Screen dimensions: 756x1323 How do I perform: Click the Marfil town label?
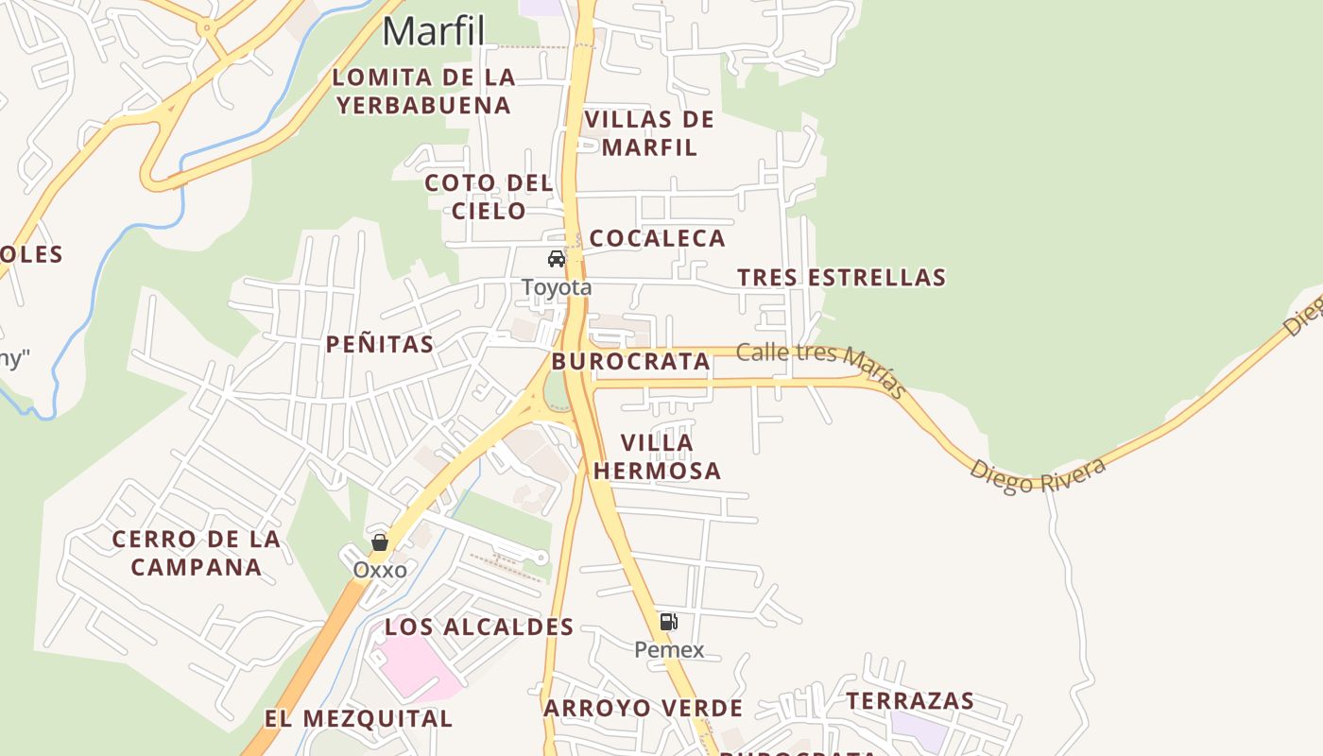click(434, 31)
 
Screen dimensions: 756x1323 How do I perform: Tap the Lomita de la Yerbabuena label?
click(423, 91)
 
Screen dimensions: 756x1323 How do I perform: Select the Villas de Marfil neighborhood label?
click(649, 133)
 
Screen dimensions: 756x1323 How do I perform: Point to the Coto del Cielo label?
click(488, 197)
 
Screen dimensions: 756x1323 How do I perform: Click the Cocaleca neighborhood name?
click(657, 238)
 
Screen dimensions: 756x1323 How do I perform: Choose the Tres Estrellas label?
click(841, 278)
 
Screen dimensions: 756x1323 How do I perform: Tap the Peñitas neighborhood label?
click(380, 344)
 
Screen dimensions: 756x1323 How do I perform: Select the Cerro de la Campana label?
click(197, 553)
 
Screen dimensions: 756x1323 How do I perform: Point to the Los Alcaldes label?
click(479, 627)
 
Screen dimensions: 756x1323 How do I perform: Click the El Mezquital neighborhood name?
click(358, 718)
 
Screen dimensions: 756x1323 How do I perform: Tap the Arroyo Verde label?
click(643, 708)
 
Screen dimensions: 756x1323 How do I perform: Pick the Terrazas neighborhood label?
click(910, 701)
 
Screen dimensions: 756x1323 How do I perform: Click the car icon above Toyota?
click(557, 259)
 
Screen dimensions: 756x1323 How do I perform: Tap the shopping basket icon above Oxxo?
click(380, 542)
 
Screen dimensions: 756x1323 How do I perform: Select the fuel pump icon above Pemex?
click(669, 622)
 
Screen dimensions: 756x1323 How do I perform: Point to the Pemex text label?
click(669, 649)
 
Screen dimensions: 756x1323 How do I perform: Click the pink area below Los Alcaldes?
click(416, 665)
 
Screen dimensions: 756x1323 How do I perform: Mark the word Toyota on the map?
click(557, 287)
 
